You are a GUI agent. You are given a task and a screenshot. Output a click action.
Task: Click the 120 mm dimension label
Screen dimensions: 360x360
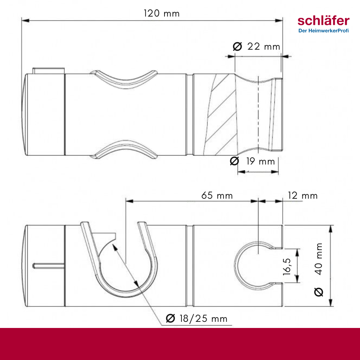click(x=162, y=13)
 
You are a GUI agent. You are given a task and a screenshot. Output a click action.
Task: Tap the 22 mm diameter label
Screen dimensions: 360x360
click(x=264, y=46)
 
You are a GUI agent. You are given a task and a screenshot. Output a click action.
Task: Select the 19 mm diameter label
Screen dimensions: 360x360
click(x=261, y=161)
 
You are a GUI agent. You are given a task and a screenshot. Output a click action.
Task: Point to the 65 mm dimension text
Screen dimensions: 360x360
click(x=217, y=195)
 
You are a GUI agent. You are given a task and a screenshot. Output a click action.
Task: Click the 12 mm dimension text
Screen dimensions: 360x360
click(x=303, y=195)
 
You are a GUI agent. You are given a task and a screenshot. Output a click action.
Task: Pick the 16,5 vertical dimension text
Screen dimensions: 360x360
click(x=287, y=266)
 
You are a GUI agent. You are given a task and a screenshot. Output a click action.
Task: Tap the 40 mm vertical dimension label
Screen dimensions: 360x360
click(x=319, y=259)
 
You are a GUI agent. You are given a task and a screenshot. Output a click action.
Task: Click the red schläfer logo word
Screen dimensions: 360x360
click(x=324, y=21)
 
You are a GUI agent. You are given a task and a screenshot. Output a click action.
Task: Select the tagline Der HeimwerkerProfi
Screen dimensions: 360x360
click(x=324, y=31)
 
